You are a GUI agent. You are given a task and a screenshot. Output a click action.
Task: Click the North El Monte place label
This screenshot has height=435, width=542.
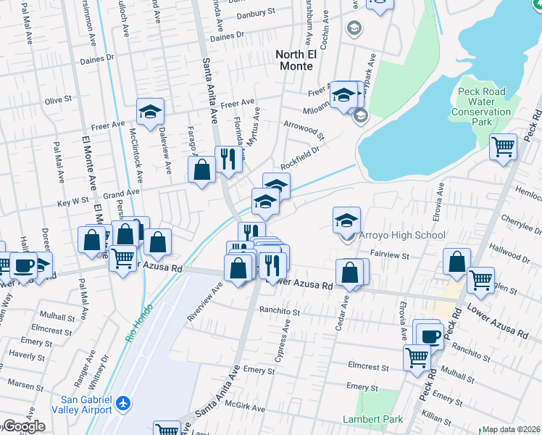coord(294,60)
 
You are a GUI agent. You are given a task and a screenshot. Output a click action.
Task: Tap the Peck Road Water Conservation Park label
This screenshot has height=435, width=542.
coord(481,107)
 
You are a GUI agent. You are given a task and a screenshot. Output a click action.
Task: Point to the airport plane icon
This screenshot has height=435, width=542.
coord(124,402)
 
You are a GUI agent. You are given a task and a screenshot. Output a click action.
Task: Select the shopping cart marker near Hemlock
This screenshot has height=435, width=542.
coord(503,147)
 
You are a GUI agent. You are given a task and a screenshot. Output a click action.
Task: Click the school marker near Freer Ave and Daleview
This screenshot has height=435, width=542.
coord(151,112)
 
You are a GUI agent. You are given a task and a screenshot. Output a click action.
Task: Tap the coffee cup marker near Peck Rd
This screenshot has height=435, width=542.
coord(430,335)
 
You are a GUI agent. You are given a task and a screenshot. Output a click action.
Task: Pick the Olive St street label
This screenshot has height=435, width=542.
coord(59,99)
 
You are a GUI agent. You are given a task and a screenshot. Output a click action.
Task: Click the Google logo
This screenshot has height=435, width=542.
coord(23,426)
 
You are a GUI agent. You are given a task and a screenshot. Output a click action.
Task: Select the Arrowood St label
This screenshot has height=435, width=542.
coord(303,129)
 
